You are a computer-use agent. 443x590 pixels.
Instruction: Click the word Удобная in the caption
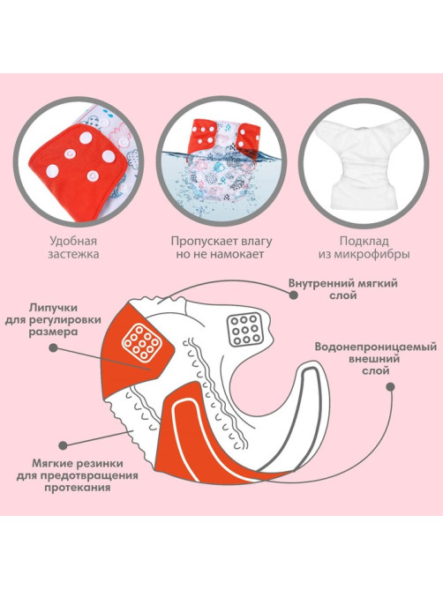73,241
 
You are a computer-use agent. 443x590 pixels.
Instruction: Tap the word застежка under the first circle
73,254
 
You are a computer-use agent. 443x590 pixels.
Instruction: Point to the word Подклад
364,241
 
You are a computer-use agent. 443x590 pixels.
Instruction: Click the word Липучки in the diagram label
54,308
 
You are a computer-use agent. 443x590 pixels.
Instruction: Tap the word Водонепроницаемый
376,347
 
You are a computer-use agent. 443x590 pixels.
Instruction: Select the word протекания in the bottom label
77,488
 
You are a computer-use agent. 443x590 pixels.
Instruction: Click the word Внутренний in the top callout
318,283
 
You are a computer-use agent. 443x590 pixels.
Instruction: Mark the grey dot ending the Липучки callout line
54,347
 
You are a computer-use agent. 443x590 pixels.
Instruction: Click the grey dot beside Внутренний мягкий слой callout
294,295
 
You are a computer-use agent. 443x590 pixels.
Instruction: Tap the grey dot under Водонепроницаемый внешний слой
390,386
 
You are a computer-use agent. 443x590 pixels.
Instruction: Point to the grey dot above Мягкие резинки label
64,444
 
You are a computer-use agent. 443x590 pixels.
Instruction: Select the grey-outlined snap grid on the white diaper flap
244,330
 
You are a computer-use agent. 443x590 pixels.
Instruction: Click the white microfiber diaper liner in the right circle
364,162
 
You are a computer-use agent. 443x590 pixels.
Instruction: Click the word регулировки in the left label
71,320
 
